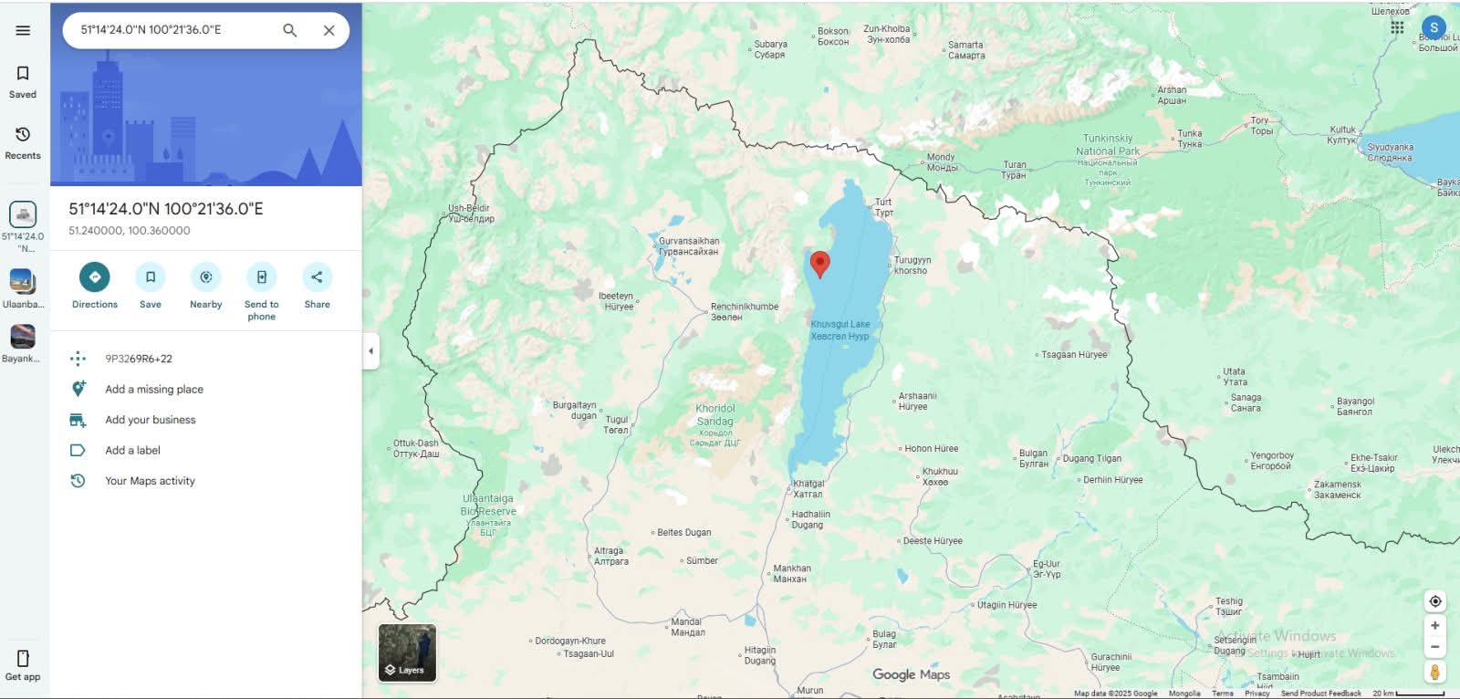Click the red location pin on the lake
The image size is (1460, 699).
coord(820,264)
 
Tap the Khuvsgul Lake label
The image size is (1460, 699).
coord(839,330)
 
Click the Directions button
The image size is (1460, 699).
coord(94,277)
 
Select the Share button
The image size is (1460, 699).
coord(317,277)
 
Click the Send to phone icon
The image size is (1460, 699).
coord(261,277)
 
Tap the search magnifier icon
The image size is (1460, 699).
coord(290,30)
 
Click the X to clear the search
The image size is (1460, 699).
coord(328,30)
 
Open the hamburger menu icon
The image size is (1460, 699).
coord(23,30)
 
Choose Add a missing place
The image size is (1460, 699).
coord(153,390)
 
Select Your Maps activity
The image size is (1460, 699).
coord(150,481)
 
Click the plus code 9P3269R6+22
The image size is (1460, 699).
coord(139,359)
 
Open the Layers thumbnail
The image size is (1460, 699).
coord(407,652)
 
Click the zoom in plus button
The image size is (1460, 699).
coord(1434,626)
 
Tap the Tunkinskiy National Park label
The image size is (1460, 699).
coord(1107,145)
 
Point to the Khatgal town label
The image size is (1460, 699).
coord(808,489)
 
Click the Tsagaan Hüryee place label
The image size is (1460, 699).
coord(1074,355)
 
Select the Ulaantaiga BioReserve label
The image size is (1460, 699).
coord(488,506)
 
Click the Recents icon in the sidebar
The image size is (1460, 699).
coord(23,142)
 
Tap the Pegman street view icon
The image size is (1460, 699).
coord(1434,673)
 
